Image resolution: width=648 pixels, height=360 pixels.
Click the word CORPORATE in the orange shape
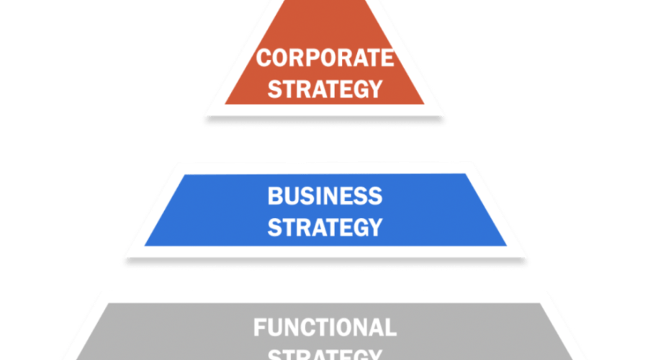click(x=326, y=58)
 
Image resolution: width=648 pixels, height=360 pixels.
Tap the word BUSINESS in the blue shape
click(x=325, y=195)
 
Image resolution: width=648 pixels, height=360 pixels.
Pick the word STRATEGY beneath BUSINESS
click(x=325, y=227)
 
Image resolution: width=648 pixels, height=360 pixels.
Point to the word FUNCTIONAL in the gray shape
click(x=325, y=328)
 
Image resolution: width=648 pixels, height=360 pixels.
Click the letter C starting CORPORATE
click(x=265, y=58)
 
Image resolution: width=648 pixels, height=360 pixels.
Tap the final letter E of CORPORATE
click(x=388, y=58)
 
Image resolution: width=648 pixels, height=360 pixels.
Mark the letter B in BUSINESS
click(x=275, y=195)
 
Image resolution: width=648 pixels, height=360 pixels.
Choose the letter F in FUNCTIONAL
click(x=259, y=328)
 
